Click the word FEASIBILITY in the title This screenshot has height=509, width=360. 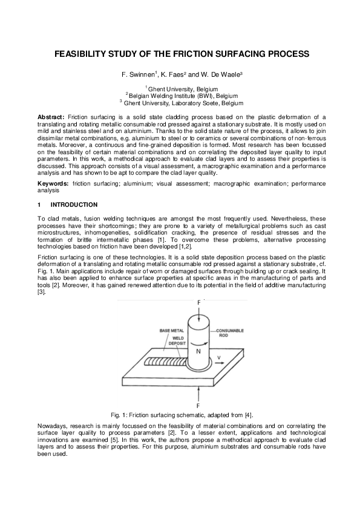84,54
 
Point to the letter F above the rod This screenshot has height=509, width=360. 198,302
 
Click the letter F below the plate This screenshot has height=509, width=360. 198,406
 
